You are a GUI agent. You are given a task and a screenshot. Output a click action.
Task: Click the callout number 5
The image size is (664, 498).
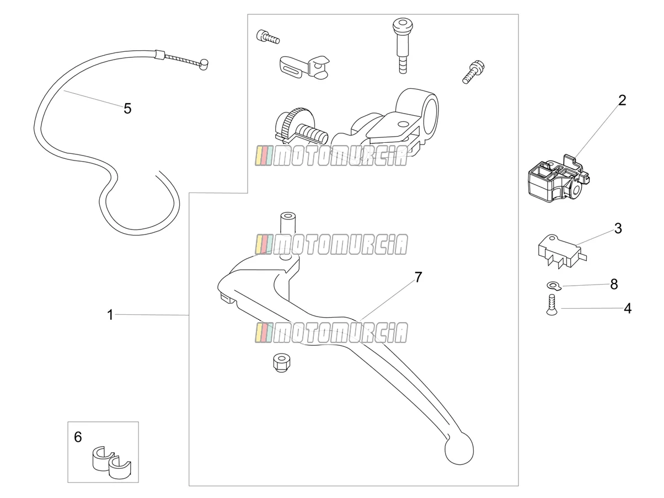coord(127,109)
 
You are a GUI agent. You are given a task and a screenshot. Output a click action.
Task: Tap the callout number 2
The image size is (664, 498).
coord(622,100)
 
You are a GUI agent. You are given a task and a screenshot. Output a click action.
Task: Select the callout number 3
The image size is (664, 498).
coord(618,228)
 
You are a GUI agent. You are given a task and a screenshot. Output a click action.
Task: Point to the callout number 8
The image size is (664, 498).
coord(614,284)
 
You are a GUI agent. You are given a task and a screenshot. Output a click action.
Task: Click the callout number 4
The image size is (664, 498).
coord(628,308)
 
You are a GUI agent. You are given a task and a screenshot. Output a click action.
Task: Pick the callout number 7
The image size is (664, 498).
coord(418,277)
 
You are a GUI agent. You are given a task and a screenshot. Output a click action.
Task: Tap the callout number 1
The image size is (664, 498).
coord(110,315)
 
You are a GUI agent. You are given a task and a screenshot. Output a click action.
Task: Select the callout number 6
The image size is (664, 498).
coord(78,437)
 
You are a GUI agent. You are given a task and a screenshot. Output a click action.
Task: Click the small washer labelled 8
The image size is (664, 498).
coord(554,285)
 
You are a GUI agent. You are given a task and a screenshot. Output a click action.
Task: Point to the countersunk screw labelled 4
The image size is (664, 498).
coord(551,304)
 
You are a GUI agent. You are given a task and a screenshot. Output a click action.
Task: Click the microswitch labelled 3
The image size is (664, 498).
coord(562,251)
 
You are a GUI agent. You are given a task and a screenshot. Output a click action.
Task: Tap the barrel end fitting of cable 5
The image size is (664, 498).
coord(204,64)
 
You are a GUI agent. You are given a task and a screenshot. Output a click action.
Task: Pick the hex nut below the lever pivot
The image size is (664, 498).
coord(281,363)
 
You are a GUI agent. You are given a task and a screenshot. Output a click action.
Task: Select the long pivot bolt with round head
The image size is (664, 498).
coord(403,45)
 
